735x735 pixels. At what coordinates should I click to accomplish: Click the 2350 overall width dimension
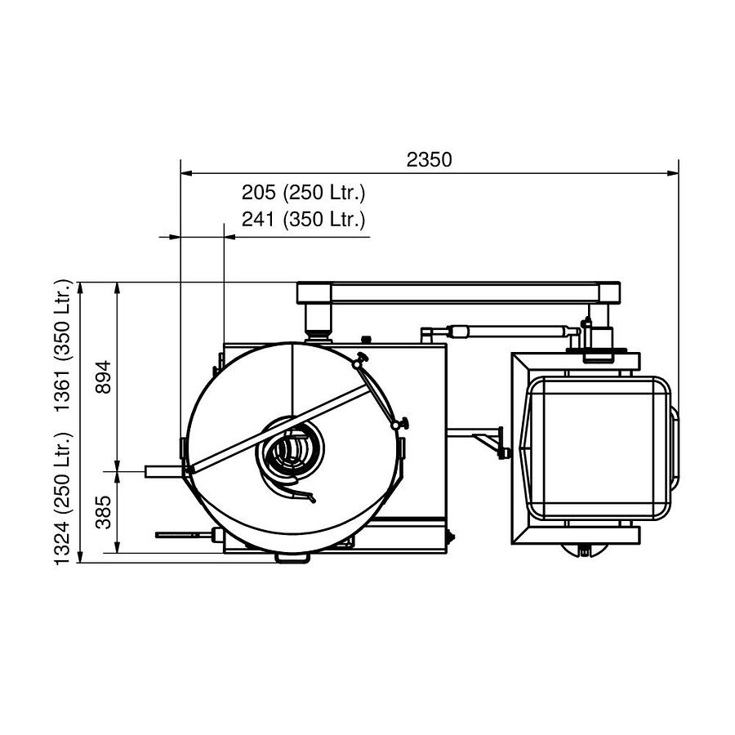(429, 160)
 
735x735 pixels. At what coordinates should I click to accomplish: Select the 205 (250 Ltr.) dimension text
(303, 194)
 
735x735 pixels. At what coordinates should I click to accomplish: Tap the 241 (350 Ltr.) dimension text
(303, 219)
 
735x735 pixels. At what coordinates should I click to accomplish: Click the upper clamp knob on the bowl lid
(359, 362)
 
